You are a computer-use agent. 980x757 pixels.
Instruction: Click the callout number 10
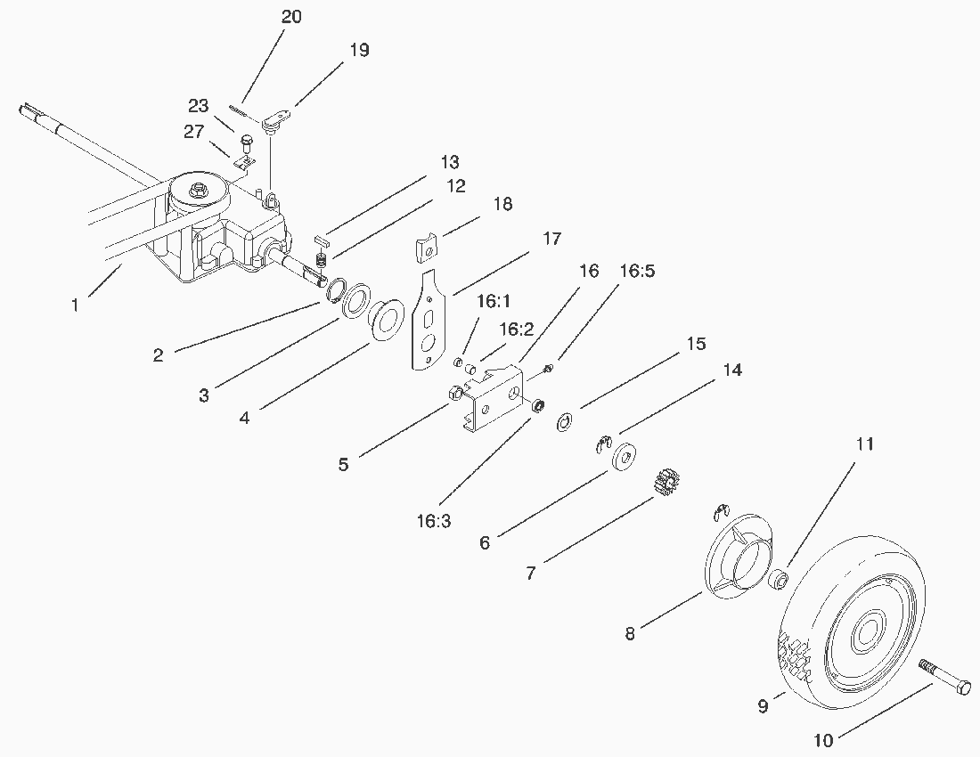[x=825, y=738]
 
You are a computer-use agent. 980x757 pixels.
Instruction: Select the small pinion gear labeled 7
[x=664, y=485]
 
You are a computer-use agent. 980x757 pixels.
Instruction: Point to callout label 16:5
[x=636, y=272]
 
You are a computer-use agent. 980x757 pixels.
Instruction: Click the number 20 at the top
[x=291, y=18]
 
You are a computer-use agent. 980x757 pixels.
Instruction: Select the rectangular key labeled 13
[x=323, y=240]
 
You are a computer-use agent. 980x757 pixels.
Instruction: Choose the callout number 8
[x=630, y=633]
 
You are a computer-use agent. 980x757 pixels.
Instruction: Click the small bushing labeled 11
[x=777, y=579]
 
